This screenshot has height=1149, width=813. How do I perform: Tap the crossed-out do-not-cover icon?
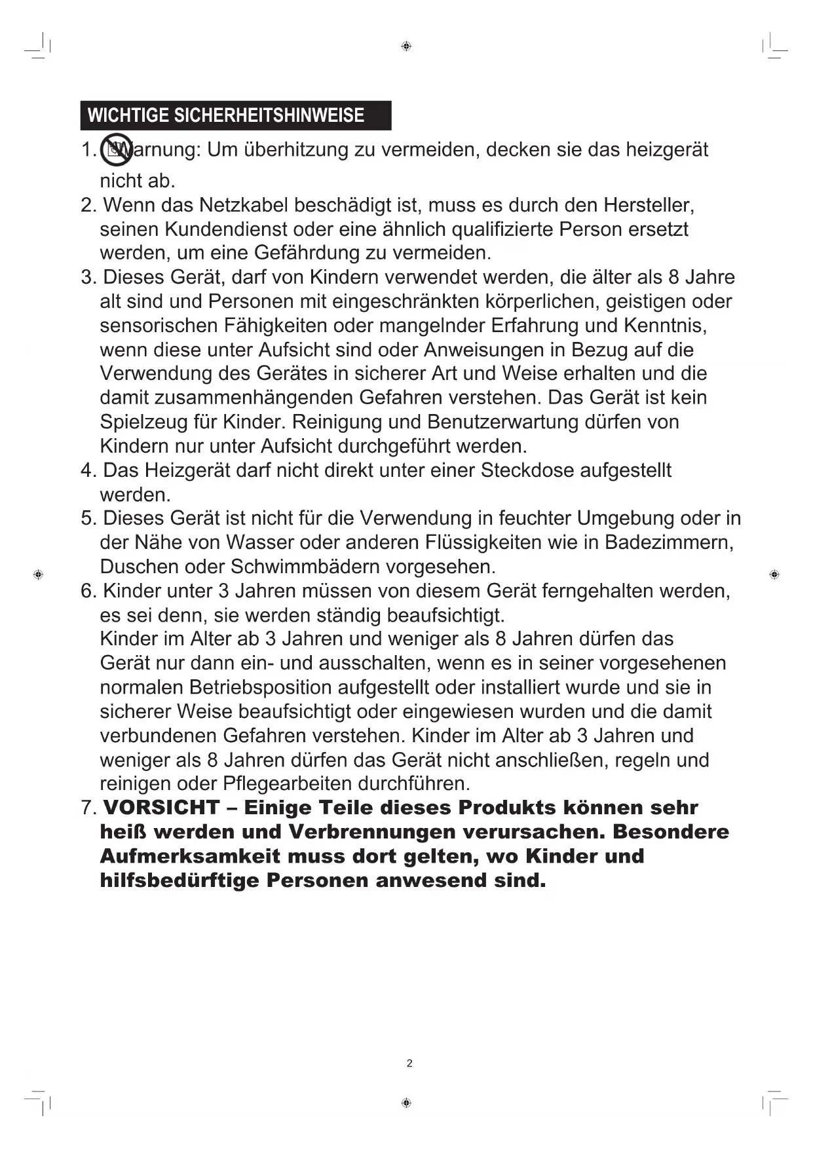pos(117,150)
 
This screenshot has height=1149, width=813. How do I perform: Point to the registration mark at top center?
pos(406,46)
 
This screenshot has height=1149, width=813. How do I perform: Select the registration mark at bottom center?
pos(406,1103)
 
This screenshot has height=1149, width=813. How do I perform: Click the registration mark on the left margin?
pos(38,574)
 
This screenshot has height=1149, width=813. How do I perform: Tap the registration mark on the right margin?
pos(774,574)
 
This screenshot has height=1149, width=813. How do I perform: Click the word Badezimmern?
pos(668,543)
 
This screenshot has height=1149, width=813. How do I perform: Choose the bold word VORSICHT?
pos(161,808)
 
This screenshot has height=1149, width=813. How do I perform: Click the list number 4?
pos(88,470)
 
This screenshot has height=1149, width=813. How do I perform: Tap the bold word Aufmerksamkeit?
pos(190,856)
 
